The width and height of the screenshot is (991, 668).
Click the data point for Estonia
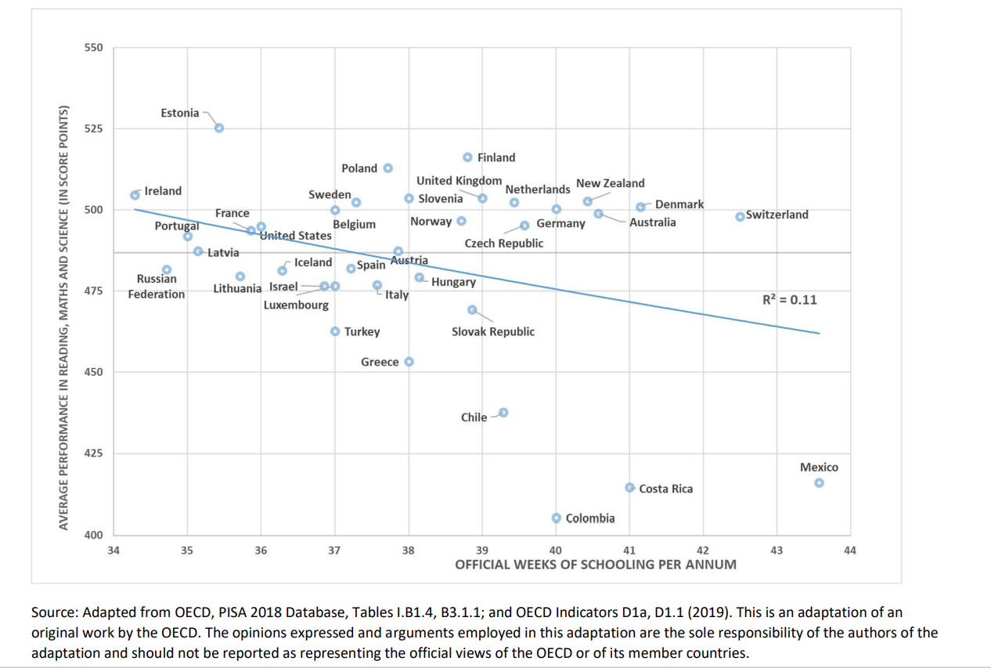click(219, 128)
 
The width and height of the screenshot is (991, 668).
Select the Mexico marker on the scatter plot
click(819, 482)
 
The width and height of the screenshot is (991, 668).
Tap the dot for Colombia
click(556, 518)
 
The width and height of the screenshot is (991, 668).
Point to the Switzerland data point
click(740, 216)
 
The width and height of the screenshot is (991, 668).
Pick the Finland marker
click(467, 157)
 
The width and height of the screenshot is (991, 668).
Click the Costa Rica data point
click(629, 487)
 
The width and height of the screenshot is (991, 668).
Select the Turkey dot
click(335, 331)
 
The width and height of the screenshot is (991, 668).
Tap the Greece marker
click(409, 362)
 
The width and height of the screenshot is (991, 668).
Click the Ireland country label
click(163, 191)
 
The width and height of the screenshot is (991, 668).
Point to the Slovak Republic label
click(493, 331)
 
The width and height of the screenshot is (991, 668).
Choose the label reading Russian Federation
click(157, 287)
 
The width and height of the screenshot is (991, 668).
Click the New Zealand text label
click(611, 183)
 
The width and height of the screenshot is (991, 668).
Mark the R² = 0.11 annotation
click(790, 299)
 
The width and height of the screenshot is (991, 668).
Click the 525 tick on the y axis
click(93, 128)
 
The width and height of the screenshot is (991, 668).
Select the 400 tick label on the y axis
click(93, 535)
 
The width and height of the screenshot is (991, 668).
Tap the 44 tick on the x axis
click(851, 551)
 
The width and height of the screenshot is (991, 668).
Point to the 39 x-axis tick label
click(482, 551)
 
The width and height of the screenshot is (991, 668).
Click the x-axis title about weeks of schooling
click(596, 564)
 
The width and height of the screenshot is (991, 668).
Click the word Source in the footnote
click(52, 612)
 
